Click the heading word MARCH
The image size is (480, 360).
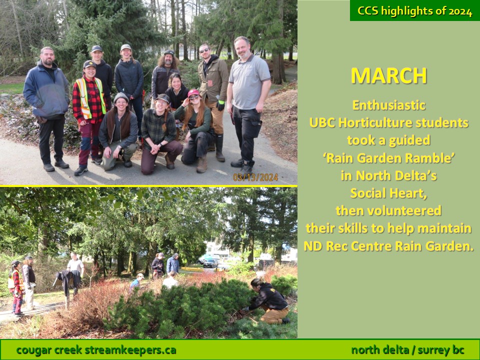pyautogui.click(x=388, y=75)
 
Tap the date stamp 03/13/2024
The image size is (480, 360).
pyautogui.click(x=255, y=177)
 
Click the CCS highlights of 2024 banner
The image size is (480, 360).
pyautogui.click(x=415, y=10)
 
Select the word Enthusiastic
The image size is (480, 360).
pyautogui.click(x=389, y=105)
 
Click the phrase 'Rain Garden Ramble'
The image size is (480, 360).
pyautogui.click(x=388, y=158)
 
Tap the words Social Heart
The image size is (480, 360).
pyautogui.click(x=388, y=193)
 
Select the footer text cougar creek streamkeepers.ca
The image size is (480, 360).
pyautogui.click(x=96, y=350)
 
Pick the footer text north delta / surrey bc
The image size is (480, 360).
pyautogui.click(x=408, y=350)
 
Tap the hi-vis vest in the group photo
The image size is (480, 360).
pyautogui.click(x=90, y=97)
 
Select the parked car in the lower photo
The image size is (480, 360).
pyautogui.click(x=210, y=263)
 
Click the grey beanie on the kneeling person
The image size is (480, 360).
pyautogui.click(x=121, y=97)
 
